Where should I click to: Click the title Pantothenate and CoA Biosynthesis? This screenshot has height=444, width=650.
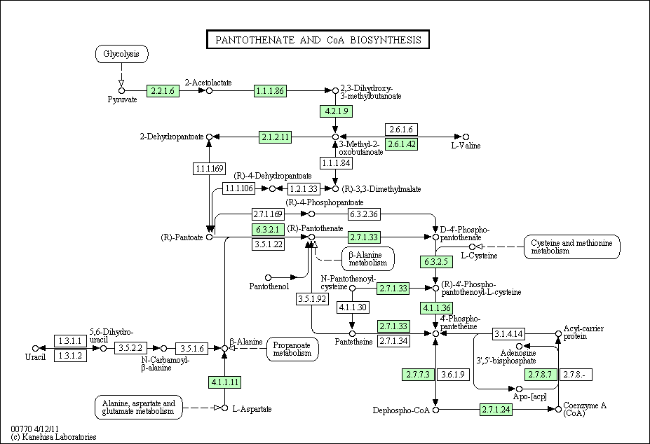coord(318,39)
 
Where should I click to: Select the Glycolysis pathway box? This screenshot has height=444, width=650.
coord(122,54)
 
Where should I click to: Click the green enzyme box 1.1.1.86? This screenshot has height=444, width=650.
coord(270,90)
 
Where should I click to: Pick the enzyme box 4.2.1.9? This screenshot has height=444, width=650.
coord(335,111)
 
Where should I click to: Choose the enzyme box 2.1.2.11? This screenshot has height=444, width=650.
coord(275,137)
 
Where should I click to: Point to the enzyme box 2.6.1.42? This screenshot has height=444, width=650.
coord(402,144)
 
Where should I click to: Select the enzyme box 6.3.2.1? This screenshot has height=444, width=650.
coord(269,229)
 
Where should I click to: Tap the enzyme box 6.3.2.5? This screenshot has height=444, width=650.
coord(436,262)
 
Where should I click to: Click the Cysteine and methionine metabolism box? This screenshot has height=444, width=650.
coord(572,247)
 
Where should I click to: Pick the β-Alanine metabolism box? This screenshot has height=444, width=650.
coord(367,258)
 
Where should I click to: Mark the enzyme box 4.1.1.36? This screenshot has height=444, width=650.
coord(436,308)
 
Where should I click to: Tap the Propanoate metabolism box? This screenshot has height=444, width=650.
coord(292,349)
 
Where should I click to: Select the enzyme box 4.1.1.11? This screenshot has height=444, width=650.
coord(225,382)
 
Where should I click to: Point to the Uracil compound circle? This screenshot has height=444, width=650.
coord(35,348)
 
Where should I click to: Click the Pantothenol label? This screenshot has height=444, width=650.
coord(266,286)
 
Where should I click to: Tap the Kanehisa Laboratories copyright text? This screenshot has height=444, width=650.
coord(53,436)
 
